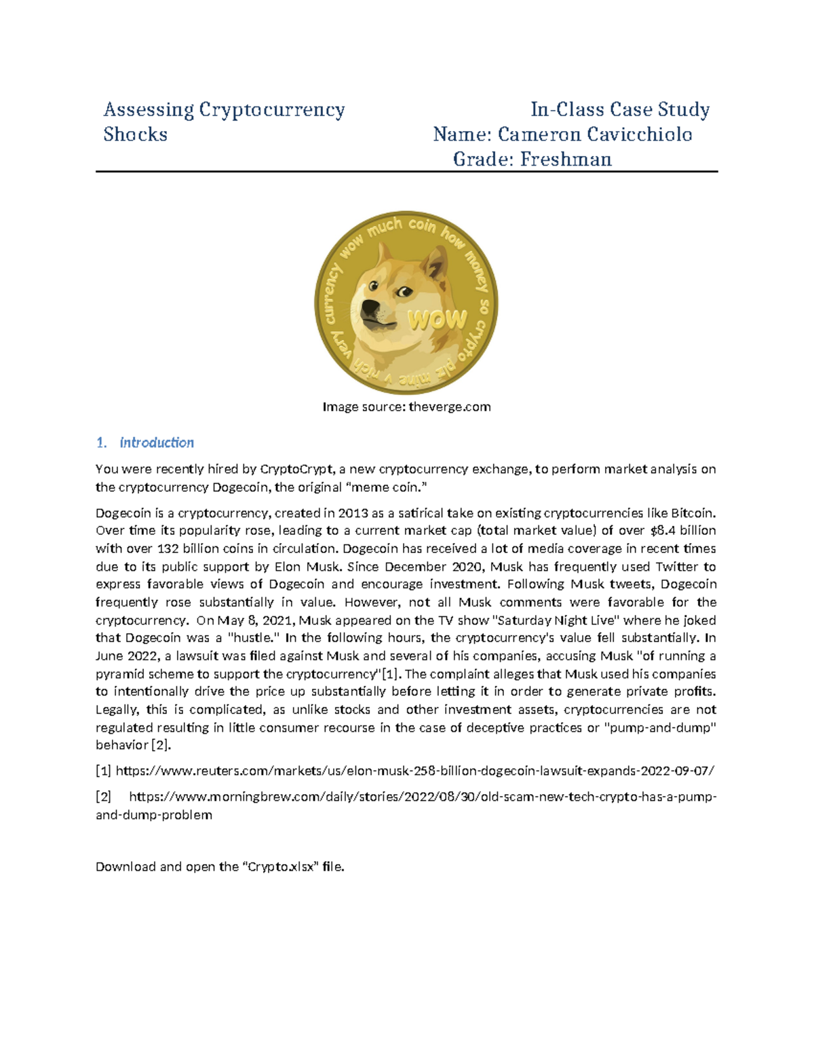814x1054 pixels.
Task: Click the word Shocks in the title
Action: [135, 134]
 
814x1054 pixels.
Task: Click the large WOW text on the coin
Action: [437, 320]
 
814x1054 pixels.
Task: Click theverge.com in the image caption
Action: [450, 407]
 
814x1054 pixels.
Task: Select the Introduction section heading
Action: [157, 443]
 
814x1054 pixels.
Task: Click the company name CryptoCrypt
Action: [297, 469]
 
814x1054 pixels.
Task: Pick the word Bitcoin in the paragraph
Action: [693, 513]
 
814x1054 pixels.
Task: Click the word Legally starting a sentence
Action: [117, 710]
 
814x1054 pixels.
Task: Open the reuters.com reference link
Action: [414, 771]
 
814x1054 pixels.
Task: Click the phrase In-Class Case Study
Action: [620, 110]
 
